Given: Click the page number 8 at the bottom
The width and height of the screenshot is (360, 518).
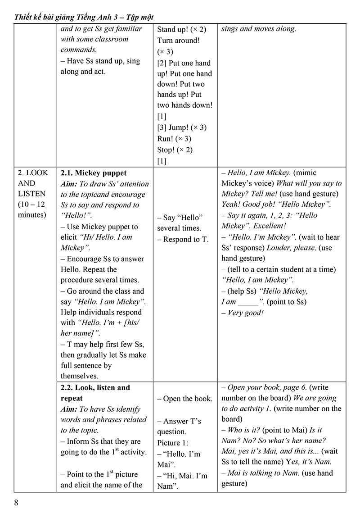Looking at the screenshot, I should pos(17,503).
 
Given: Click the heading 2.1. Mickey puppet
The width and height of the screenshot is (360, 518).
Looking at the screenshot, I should pos(94,173).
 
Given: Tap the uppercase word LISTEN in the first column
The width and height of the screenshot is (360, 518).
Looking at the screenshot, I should pos(31,194).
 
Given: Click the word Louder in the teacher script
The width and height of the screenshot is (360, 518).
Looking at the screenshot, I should pos(279,248).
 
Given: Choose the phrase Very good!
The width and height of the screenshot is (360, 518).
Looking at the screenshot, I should pos(246,313).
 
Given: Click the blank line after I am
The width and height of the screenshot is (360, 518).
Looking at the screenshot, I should pos(248,302).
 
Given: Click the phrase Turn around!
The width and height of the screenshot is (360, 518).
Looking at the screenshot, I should pos(178,41).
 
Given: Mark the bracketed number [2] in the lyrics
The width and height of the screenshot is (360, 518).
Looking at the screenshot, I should pos(162,63).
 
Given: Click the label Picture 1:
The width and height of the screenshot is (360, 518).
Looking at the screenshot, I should pos(173,443).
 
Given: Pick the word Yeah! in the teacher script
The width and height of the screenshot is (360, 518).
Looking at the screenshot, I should pos(232,204).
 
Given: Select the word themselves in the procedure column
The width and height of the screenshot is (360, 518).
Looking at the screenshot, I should pos(79,376).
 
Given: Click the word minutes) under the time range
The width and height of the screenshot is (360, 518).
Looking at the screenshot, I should pos(32,215).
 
